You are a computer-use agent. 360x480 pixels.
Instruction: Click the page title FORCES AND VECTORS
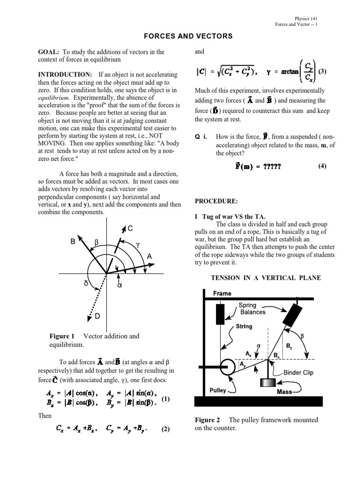tap(180, 36)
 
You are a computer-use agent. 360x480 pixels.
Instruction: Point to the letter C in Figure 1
tap(130, 228)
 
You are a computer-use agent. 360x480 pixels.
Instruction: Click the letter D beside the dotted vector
tap(97, 317)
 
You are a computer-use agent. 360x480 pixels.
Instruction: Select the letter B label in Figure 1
tap(73, 241)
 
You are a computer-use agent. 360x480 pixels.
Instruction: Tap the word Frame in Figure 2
tap(222, 293)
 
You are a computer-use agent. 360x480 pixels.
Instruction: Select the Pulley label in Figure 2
tap(218, 390)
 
